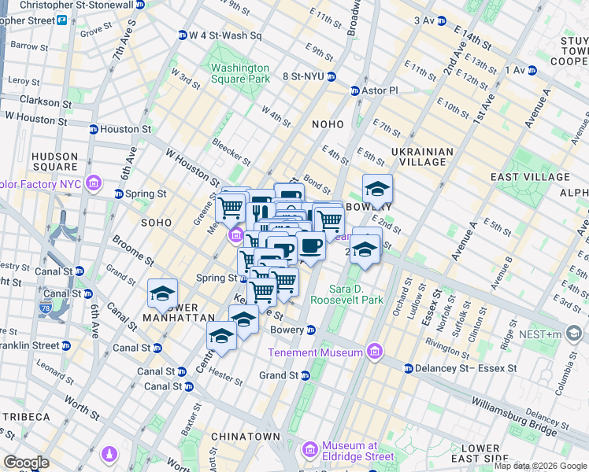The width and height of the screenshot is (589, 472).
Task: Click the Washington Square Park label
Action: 240,73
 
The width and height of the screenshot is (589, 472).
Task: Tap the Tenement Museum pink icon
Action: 374,352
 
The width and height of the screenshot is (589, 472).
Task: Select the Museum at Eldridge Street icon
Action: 309,450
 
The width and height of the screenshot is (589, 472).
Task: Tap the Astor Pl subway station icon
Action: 354,90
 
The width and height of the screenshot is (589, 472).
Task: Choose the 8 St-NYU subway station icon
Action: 332,77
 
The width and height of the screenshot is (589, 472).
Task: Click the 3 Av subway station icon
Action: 441,20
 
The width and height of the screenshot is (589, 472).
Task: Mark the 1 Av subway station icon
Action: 532,70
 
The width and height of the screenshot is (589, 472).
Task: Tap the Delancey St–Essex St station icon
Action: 409,368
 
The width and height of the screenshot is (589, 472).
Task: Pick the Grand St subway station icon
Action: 306,376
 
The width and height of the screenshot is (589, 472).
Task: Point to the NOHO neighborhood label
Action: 328,124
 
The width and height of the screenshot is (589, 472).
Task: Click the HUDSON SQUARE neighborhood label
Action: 54,161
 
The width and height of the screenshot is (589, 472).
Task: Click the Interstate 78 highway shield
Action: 44,309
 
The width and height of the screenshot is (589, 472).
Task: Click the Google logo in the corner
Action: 26,463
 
